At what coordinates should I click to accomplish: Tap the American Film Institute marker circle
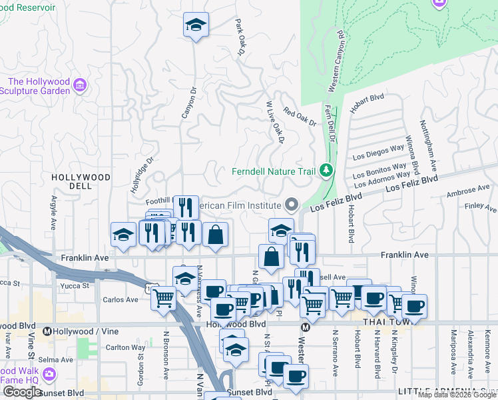[x=292, y=204]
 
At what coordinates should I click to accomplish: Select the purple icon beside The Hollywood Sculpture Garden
[x=80, y=85]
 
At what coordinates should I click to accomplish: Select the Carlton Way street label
[x=126, y=347]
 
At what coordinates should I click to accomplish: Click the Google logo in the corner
[x=22, y=392]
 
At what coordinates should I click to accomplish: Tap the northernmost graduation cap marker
[x=196, y=25]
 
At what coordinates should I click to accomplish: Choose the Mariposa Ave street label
[x=453, y=360]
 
